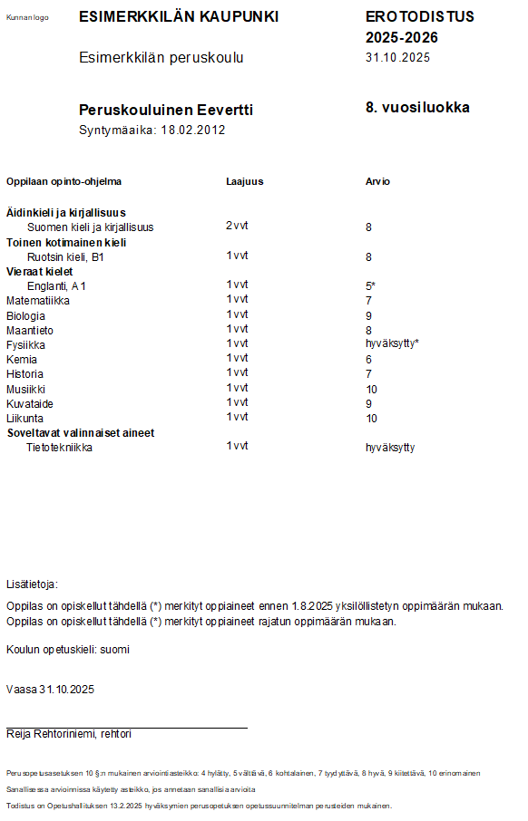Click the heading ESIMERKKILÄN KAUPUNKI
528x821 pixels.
pyautogui.click(x=179, y=17)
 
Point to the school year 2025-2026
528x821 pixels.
pyautogui.click(x=402, y=37)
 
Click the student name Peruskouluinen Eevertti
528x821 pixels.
pyautogui.click(x=166, y=110)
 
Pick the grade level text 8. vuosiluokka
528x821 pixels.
pyautogui.click(x=417, y=107)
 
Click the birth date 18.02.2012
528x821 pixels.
pyautogui.click(x=193, y=130)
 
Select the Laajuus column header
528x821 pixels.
pyautogui.click(x=244, y=181)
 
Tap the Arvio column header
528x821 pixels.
pyautogui.click(x=377, y=181)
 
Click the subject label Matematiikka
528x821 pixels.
pyautogui.click(x=38, y=300)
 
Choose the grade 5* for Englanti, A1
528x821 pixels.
pyautogui.click(x=370, y=286)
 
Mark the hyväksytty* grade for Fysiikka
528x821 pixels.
pyautogui.click(x=392, y=344)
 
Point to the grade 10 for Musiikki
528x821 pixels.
pyautogui.click(x=371, y=389)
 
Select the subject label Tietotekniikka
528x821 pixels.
pyautogui.click(x=60, y=447)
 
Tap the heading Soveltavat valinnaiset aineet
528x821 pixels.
pyautogui.click(x=81, y=433)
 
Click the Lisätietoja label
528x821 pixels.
pyautogui.click(x=32, y=584)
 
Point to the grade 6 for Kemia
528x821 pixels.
pyautogui.click(x=368, y=360)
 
